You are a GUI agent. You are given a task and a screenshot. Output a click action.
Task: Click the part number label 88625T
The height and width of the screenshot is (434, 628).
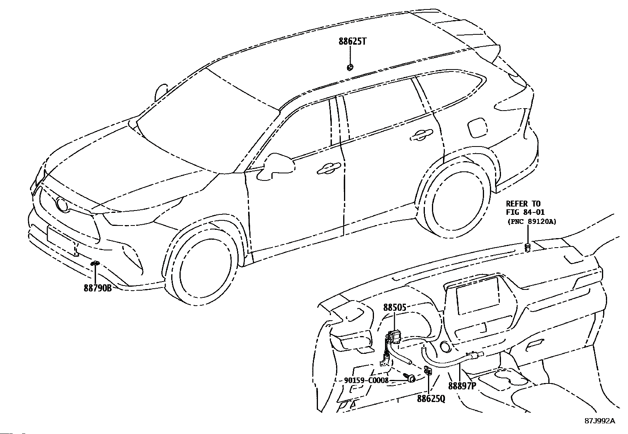(x=352, y=41)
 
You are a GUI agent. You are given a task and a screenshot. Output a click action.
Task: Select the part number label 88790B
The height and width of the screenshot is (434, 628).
(x=97, y=288)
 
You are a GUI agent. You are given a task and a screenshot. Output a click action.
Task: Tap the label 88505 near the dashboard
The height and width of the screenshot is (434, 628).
(x=394, y=307)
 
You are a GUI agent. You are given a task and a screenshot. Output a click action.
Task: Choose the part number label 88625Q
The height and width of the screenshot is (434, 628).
(x=431, y=399)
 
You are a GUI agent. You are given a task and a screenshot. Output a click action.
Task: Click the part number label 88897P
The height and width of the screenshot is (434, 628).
(x=462, y=386)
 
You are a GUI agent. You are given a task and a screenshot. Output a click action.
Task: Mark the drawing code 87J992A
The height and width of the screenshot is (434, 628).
(x=600, y=421)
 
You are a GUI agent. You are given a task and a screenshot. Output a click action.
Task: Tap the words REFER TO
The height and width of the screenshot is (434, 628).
(x=523, y=204)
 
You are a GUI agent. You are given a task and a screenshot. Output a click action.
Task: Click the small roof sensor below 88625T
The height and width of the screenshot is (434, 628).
(x=350, y=68)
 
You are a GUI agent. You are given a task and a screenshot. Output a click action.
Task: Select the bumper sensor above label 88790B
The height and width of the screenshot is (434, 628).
(x=95, y=263)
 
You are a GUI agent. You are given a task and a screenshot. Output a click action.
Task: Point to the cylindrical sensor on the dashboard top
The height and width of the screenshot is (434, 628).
(x=527, y=248)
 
